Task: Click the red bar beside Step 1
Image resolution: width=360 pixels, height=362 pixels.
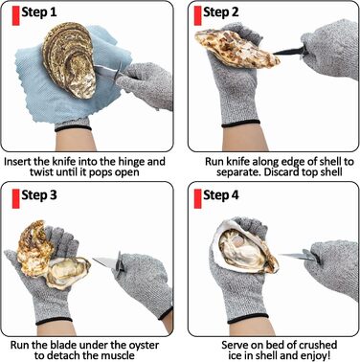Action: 15,15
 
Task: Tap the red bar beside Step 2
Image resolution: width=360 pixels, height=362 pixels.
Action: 198,15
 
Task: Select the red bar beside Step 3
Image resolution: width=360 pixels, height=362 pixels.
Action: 15,198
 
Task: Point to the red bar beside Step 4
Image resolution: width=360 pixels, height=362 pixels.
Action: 198,198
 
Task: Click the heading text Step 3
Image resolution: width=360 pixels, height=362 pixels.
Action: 39,195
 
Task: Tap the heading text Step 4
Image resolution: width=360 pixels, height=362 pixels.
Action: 221,195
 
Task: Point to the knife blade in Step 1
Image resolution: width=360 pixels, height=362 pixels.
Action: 106,71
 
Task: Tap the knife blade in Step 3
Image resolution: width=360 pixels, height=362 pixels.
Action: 104,262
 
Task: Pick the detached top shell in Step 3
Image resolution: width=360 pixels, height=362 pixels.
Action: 35,244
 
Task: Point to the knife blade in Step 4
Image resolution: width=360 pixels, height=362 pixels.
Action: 293,256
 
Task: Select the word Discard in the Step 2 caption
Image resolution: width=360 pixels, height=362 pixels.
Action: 281,172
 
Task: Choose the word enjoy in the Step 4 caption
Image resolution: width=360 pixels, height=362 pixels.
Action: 313,355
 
